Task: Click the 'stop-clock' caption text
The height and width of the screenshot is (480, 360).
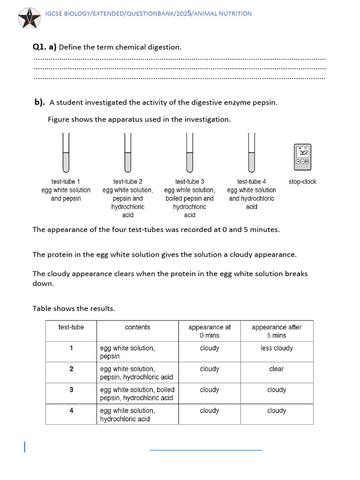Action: (x=302, y=182)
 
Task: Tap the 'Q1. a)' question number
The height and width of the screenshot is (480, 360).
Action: (x=44, y=47)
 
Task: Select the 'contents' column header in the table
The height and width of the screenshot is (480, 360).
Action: (x=137, y=327)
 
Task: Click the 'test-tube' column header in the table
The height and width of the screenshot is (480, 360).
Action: (x=71, y=327)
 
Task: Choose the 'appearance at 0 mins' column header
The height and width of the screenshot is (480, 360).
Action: (x=210, y=331)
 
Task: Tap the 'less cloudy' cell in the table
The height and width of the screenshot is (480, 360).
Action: (x=277, y=348)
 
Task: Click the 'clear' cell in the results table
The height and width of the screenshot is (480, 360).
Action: (x=277, y=369)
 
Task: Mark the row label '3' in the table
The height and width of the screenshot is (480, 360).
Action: (x=71, y=390)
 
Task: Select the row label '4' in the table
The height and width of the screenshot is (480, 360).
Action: (x=71, y=410)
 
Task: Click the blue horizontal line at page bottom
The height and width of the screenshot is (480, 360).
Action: (x=206, y=450)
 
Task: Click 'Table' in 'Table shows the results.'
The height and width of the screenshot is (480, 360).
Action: (x=42, y=308)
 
